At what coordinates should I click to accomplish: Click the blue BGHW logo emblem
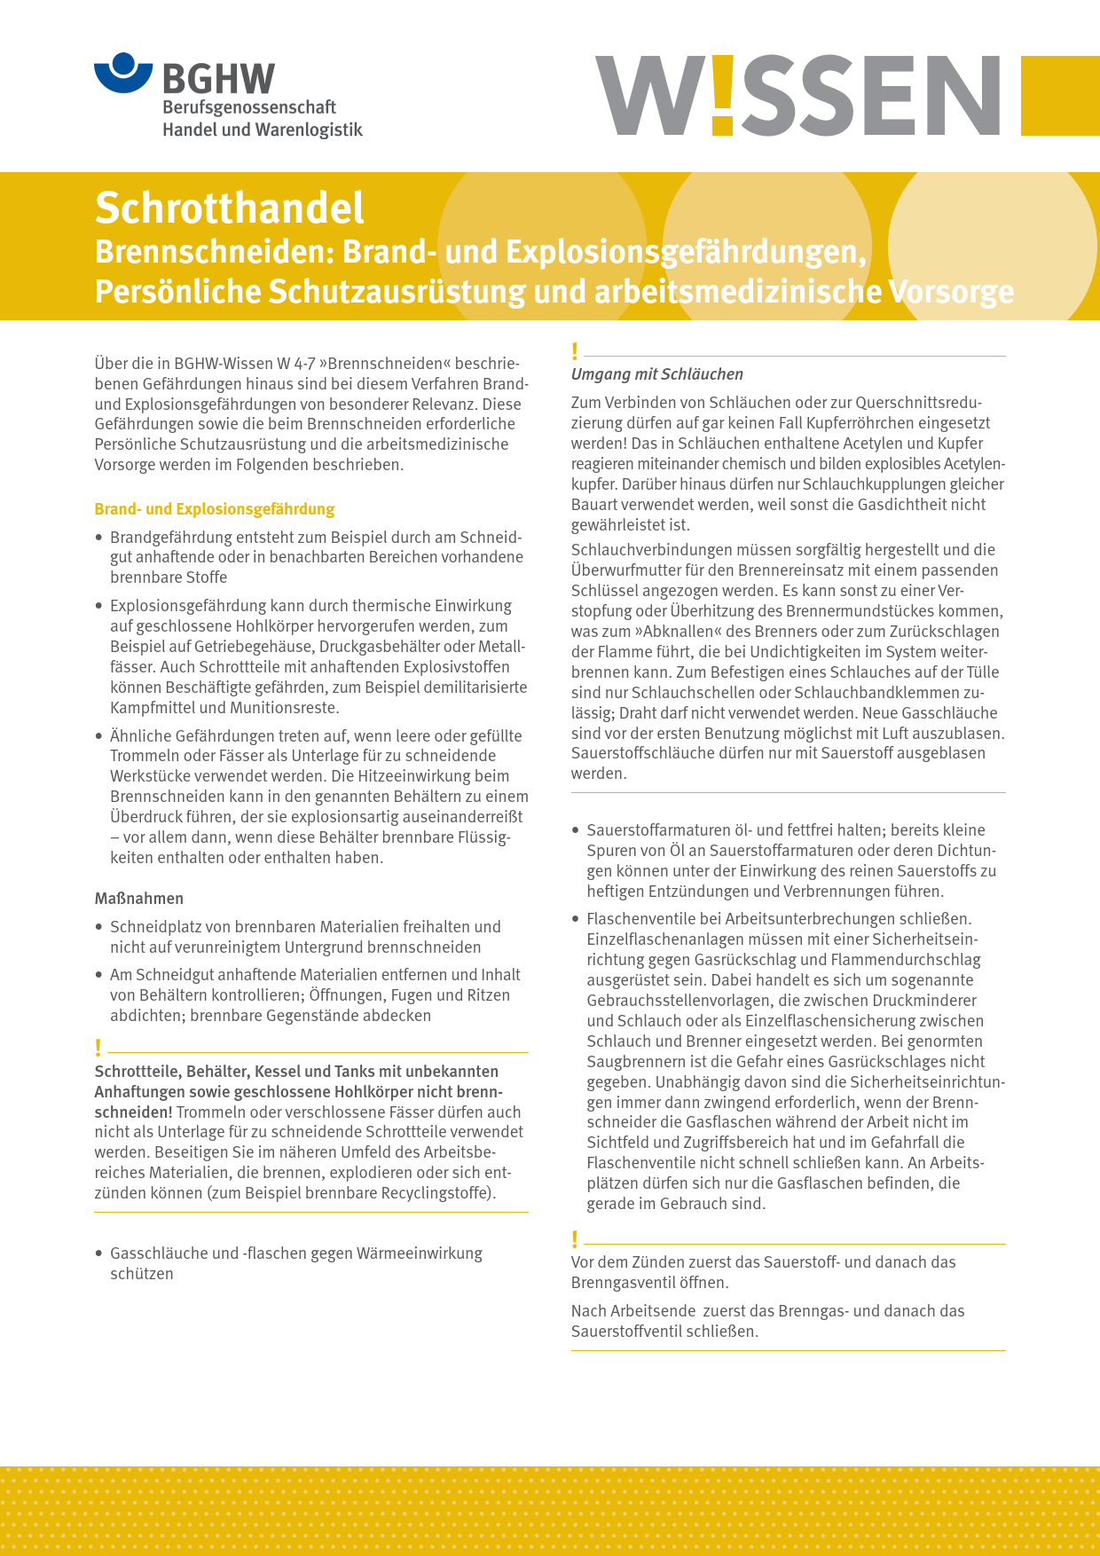pyautogui.click(x=123, y=72)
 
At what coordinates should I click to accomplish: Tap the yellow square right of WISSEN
pyautogui.click(x=1060, y=96)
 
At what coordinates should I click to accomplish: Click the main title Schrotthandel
pyautogui.click(x=229, y=208)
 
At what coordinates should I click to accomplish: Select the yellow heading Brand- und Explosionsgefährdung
pyautogui.click(x=215, y=509)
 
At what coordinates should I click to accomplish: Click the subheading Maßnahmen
pyautogui.click(x=139, y=899)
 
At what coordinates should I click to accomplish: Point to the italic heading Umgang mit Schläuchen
pyautogui.click(x=657, y=374)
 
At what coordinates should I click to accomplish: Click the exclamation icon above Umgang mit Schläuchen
pyautogui.click(x=575, y=352)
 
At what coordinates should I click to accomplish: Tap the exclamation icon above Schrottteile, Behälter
pyautogui.click(x=98, y=1049)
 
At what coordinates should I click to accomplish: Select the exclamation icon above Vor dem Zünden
pyautogui.click(x=575, y=1239)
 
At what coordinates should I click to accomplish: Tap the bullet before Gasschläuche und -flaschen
pyautogui.click(x=99, y=1254)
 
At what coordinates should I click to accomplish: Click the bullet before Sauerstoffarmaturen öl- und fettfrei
pyautogui.click(x=576, y=831)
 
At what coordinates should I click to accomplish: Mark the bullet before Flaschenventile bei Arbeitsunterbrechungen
pyautogui.click(x=576, y=920)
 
